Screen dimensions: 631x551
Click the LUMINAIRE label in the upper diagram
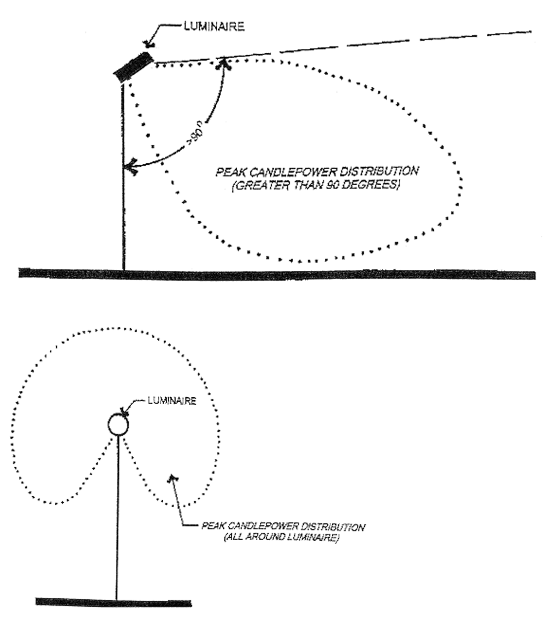[x=214, y=27]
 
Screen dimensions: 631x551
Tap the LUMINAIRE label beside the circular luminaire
[x=172, y=401]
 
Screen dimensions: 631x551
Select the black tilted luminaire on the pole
[x=133, y=67]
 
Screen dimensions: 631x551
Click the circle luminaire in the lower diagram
[x=118, y=425]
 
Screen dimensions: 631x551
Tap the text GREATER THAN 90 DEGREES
[x=316, y=185]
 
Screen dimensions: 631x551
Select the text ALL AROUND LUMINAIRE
[x=281, y=538]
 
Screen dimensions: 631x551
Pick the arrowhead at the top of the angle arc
[x=223, y=63]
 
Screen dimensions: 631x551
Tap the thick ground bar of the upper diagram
[x=277, y=274]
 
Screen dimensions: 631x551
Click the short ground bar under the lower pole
[x=114, y=602]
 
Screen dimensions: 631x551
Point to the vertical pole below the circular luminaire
[x=117, y=517]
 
